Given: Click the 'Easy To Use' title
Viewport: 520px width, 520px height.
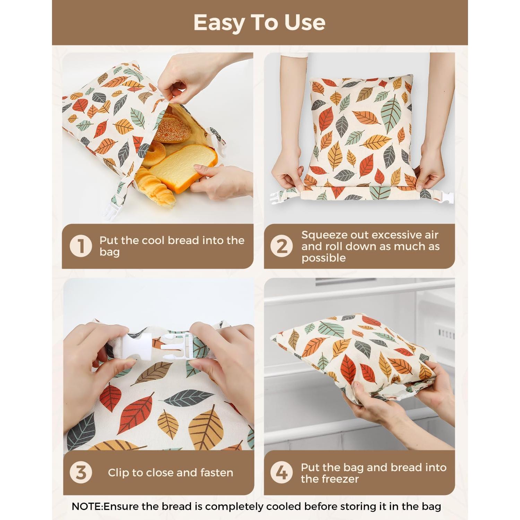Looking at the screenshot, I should (259, 23).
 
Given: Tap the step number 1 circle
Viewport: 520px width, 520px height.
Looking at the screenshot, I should (81, 246).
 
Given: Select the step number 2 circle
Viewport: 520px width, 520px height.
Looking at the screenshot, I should (281, 246).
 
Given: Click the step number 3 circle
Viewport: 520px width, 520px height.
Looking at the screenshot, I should (81, 473).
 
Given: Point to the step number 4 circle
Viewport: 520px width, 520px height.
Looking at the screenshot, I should (281, 473).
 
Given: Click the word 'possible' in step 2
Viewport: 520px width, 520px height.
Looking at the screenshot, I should (323, 258).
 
